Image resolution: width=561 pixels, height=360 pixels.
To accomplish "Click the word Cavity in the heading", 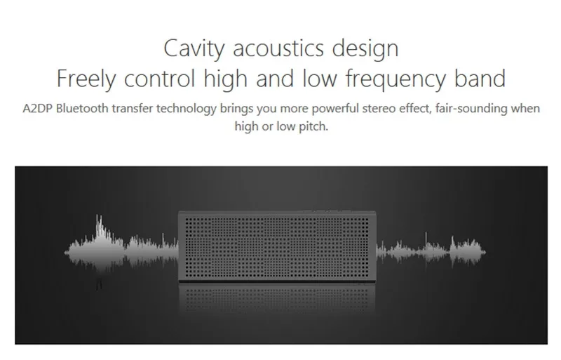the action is (x=194, y=48).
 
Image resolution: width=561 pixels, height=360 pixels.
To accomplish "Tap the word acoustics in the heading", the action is (x=278, y=48).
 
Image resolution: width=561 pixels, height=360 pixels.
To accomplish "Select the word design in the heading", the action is (x=365, y=48).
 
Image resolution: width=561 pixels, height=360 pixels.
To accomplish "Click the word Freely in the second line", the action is (x=86, y=79).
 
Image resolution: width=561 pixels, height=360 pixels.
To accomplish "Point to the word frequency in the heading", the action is (x=396, y=79).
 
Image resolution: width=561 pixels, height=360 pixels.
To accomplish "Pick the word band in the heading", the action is (x=480, y=78).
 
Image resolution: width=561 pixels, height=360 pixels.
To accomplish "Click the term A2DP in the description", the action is (x=37, y=108).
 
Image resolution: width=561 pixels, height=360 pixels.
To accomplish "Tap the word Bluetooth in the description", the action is (x=82, y=108).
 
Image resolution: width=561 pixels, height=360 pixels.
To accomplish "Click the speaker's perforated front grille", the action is (x=277, y=247).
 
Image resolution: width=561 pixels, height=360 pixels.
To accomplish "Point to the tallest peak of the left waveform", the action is (x=98, y=215).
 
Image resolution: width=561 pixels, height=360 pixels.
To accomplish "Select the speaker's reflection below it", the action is (x=277, y=298).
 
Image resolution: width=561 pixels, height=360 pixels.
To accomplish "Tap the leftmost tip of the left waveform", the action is (x=65, y=252).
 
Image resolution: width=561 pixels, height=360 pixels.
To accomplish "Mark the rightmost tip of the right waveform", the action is (x=485, y=252).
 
